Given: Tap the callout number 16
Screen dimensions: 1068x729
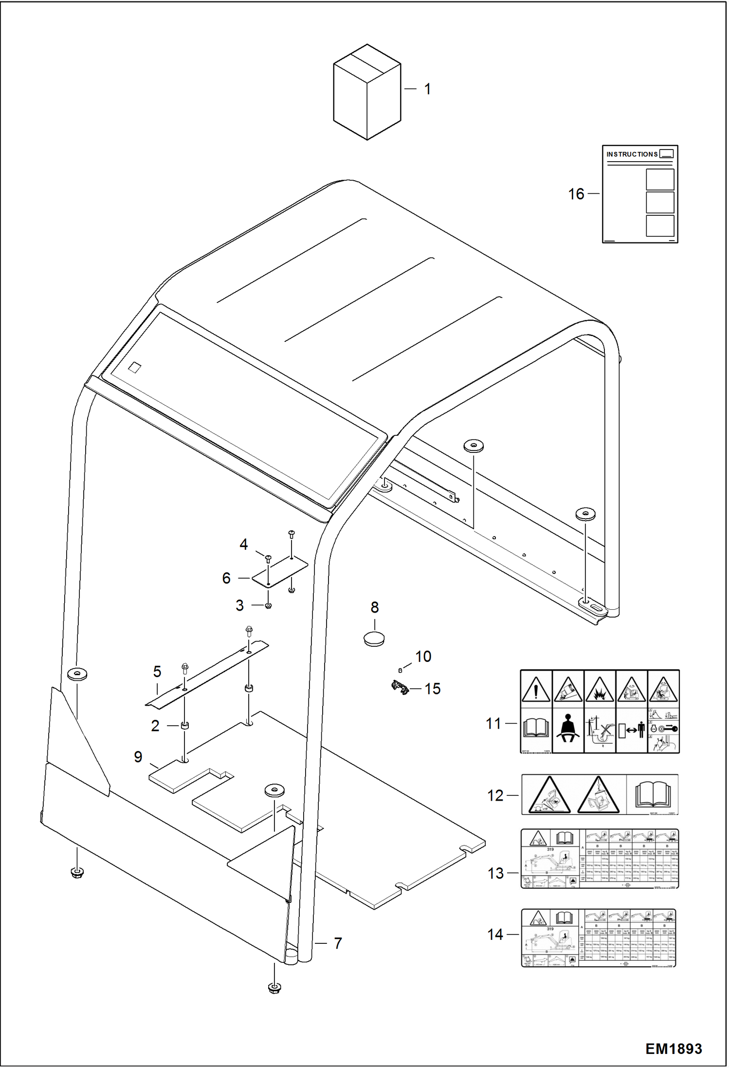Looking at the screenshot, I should coord(576,194).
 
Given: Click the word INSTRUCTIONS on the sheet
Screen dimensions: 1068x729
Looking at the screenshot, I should coord(632,154).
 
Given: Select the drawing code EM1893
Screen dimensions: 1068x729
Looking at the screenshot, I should coord(674,1049).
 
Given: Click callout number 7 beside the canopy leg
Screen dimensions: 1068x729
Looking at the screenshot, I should coord(338,943).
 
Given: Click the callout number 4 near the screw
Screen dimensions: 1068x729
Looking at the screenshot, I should coord(244,544).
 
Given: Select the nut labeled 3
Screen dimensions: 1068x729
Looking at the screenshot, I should coord(268,606).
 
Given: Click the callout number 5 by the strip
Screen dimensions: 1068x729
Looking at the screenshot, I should coord(157,672).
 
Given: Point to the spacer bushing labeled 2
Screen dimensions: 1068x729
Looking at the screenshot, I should coord(185,726).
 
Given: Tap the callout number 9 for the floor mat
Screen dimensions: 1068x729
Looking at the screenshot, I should coord(138,757).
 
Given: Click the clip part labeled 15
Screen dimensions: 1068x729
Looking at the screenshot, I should coord(400,688).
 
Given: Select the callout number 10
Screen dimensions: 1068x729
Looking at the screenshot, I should coord(423,656).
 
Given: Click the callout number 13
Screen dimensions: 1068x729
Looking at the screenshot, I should coord(495,873).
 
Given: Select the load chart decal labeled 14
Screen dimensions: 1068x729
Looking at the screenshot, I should coord(599,937).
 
